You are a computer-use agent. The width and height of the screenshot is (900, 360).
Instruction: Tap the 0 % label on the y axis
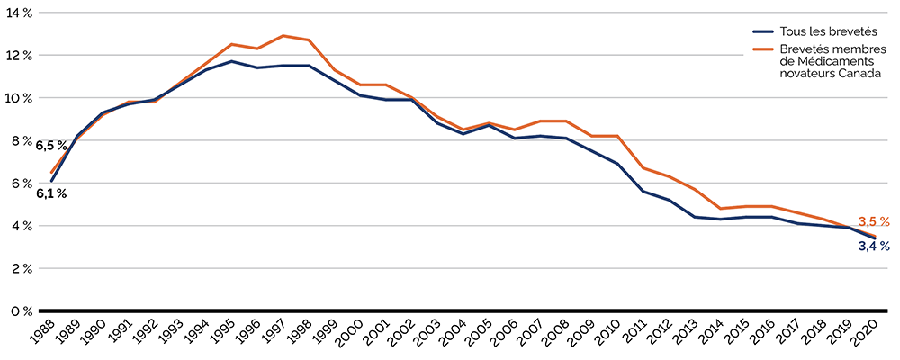tap(20, 310)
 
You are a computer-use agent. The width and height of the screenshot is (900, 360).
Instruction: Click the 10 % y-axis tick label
tap(18, 97)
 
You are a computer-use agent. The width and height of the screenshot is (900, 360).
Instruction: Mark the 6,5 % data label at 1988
tap(51, 145)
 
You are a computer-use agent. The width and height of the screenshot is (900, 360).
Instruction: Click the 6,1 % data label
tap(51, 193)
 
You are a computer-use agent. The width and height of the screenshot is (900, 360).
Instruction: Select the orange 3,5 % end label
tap(873, 221)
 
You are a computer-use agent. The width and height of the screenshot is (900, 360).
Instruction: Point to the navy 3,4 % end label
tap(873, 246)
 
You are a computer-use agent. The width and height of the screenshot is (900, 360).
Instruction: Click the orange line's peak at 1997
tap(283, 36)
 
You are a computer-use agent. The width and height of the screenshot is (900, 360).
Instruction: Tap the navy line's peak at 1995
tap(232, 61)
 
